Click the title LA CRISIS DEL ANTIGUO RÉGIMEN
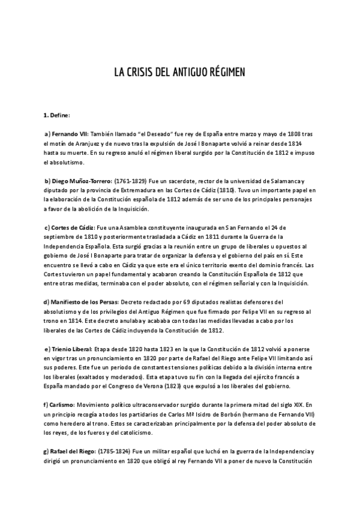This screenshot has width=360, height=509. [x=180, y=72]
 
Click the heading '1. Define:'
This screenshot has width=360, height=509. [x=57, y=115]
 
